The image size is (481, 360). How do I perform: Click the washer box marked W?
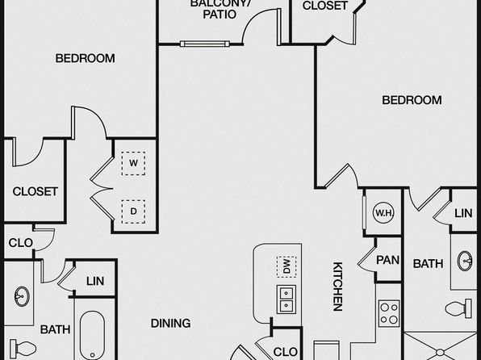[x=133, y=163]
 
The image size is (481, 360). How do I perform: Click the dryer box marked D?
[x=133, y=211]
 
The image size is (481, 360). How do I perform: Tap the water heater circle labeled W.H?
[x=383, y=212]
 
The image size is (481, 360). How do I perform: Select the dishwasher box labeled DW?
[x=287, y=266]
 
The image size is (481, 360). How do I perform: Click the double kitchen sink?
[x=287, y=299]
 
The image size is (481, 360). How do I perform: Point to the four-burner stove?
[x=389, y=313]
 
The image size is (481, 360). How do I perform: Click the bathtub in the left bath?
[x=92, y=335]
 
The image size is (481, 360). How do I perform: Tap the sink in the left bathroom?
[x=22, y=296]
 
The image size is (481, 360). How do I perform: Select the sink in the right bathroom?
[x=465, y=261]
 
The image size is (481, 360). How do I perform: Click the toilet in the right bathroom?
[x=458, y=308]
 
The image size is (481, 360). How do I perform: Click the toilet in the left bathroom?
[x=23, y=349]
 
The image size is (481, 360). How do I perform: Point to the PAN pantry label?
[x=387, y=260]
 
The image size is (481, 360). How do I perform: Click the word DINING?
[x=170, y=323]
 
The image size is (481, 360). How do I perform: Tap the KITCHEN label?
[x=337, y=286]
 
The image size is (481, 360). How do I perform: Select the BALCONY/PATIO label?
[x=220, y=9]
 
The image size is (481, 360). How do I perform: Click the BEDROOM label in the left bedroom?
[x=85, y=58]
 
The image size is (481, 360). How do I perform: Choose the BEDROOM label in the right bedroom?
[x=412, y=100]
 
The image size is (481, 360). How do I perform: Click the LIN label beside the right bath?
[x=463, y=213]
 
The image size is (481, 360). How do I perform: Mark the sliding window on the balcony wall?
[x=205, y=44]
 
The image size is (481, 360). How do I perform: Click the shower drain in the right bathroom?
[x=440, y=353]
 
